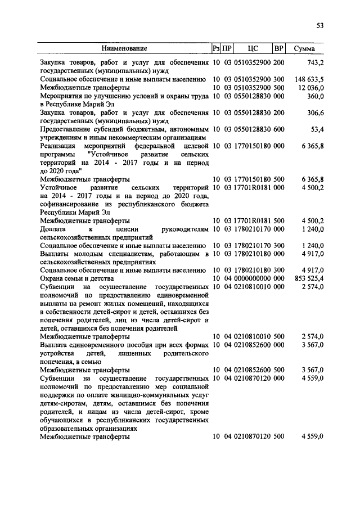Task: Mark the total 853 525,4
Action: pyautogui.click(x=309, y=278)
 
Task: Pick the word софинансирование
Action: pyautogui.click(x=71, y=205)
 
